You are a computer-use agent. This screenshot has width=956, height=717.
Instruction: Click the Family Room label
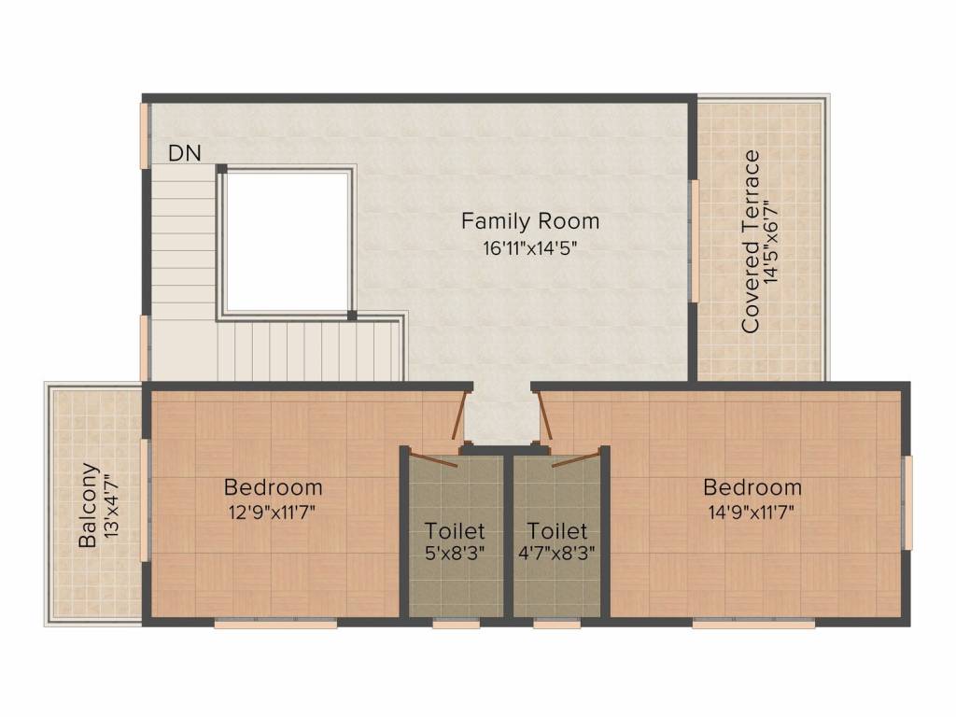pyautogui.click(x=529, y=222)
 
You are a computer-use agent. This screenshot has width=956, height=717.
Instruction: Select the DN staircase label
pyautogui.click(x=184, y=154)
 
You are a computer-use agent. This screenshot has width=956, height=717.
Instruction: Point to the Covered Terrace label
pyautogui.click(x=750, y=241)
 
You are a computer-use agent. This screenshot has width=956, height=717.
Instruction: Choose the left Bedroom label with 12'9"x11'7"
pyautogui.click(x=273, y=487)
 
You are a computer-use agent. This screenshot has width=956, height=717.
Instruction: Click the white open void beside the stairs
pyautogui.click(x=287, y=243)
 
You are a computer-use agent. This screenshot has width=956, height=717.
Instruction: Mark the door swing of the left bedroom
pyautogui.click(x=457, y=415)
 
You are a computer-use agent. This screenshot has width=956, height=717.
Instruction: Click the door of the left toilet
pyautogui.click(x=432, y=458)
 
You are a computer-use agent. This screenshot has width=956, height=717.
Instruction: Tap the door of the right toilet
pyautogui.click(x=574, y=458)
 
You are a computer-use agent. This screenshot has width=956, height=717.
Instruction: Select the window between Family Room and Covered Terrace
pyautogui.click(x=694, y=241)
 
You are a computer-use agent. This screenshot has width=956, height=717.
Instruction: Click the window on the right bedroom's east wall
pyautogui.click(x=907, y=502)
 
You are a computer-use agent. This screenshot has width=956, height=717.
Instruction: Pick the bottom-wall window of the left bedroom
pyautogui.click(x=275, y=624)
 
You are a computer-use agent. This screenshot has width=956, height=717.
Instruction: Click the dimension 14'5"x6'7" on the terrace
pyautogui.click(x=771, y=241)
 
